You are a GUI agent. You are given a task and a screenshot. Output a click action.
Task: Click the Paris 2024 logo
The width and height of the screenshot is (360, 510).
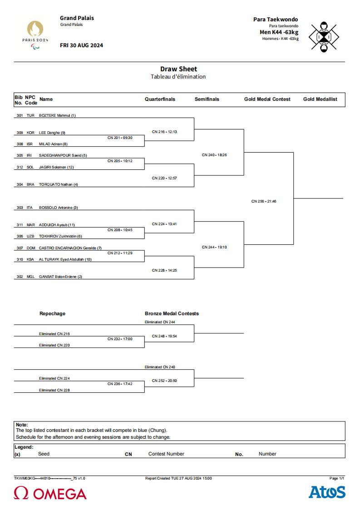pos(35,35)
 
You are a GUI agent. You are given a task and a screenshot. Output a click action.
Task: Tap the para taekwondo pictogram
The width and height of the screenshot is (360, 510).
pos(324,37)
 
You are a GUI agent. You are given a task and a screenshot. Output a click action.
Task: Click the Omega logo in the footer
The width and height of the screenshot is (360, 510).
pos(50,493)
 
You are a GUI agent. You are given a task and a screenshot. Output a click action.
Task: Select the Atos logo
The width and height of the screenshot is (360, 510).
pos(327,492)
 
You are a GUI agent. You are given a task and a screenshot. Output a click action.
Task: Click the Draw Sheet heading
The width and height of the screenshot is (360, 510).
pos(178,69)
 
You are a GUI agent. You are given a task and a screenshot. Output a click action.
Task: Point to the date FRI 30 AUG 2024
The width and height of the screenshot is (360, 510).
pos(81,45)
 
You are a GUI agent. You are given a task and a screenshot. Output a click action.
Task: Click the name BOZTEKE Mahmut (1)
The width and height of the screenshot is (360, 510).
pos(57,115)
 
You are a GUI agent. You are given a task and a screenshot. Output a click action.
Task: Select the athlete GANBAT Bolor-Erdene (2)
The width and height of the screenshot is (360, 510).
pos(60,277)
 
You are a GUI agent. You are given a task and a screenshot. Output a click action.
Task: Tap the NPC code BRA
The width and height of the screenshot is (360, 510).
pos(30,184)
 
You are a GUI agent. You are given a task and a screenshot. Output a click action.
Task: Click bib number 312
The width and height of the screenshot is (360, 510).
pos(20,167)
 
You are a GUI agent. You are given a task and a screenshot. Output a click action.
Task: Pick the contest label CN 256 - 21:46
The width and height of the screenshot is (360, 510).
pos(264,201)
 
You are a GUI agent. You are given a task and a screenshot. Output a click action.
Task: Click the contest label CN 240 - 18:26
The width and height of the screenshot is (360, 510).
pos(214,155)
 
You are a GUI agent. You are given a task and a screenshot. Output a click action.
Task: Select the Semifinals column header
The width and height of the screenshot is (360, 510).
pos(207,99)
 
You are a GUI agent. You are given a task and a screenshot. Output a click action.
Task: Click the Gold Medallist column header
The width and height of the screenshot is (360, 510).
pos(321,99)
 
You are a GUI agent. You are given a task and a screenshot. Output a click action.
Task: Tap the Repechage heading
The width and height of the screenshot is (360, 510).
pos(52,313)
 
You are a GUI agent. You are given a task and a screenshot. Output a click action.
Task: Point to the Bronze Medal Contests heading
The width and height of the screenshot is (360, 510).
pos(172,313)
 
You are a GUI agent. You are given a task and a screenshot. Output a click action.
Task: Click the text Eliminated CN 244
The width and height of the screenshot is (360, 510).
pos(160,322)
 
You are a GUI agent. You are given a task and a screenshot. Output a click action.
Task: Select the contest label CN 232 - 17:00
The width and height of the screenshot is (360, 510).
pos(120,339)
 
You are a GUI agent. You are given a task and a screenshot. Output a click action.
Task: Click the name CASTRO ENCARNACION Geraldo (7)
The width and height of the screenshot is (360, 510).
pos(70,248)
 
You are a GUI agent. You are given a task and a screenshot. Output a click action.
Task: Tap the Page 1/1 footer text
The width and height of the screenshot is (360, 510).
pos(337,478)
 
